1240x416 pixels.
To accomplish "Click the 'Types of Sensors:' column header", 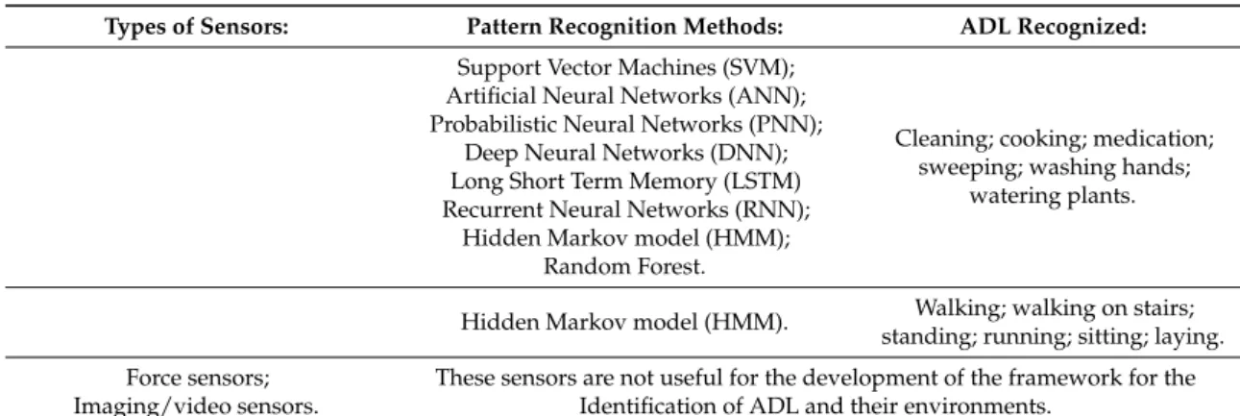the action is tap(197, 27).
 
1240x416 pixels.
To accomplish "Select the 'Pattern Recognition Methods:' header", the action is tap(625, 27).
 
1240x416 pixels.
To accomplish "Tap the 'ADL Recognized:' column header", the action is tap(1053, 27).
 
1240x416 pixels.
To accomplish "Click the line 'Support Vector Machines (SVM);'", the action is tap(626, 67).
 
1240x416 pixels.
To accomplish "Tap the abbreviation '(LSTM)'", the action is tap(763, 182).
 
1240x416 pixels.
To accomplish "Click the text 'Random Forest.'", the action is tap(624, 266).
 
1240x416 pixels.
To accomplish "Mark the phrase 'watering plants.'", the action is tap(1053, 196).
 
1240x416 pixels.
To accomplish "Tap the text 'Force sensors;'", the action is tap(198, 379).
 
